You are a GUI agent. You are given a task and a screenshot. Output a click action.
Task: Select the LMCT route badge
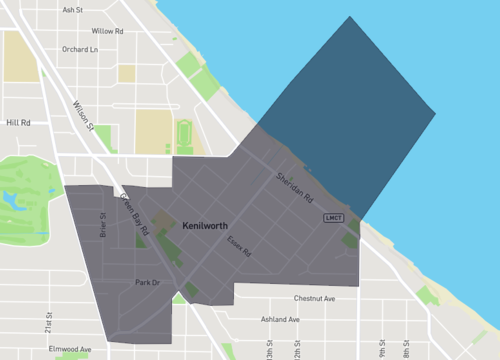333,217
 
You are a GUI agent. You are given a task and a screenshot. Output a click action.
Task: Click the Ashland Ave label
280,319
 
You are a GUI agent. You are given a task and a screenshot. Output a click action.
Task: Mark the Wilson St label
81,114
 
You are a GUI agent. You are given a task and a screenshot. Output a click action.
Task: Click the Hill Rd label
19,123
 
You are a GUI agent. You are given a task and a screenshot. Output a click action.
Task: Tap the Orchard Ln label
80,49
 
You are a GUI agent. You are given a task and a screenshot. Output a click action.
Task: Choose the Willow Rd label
107,31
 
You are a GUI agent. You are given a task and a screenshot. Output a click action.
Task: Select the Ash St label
72,10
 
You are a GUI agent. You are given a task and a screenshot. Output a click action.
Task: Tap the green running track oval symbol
184,134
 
